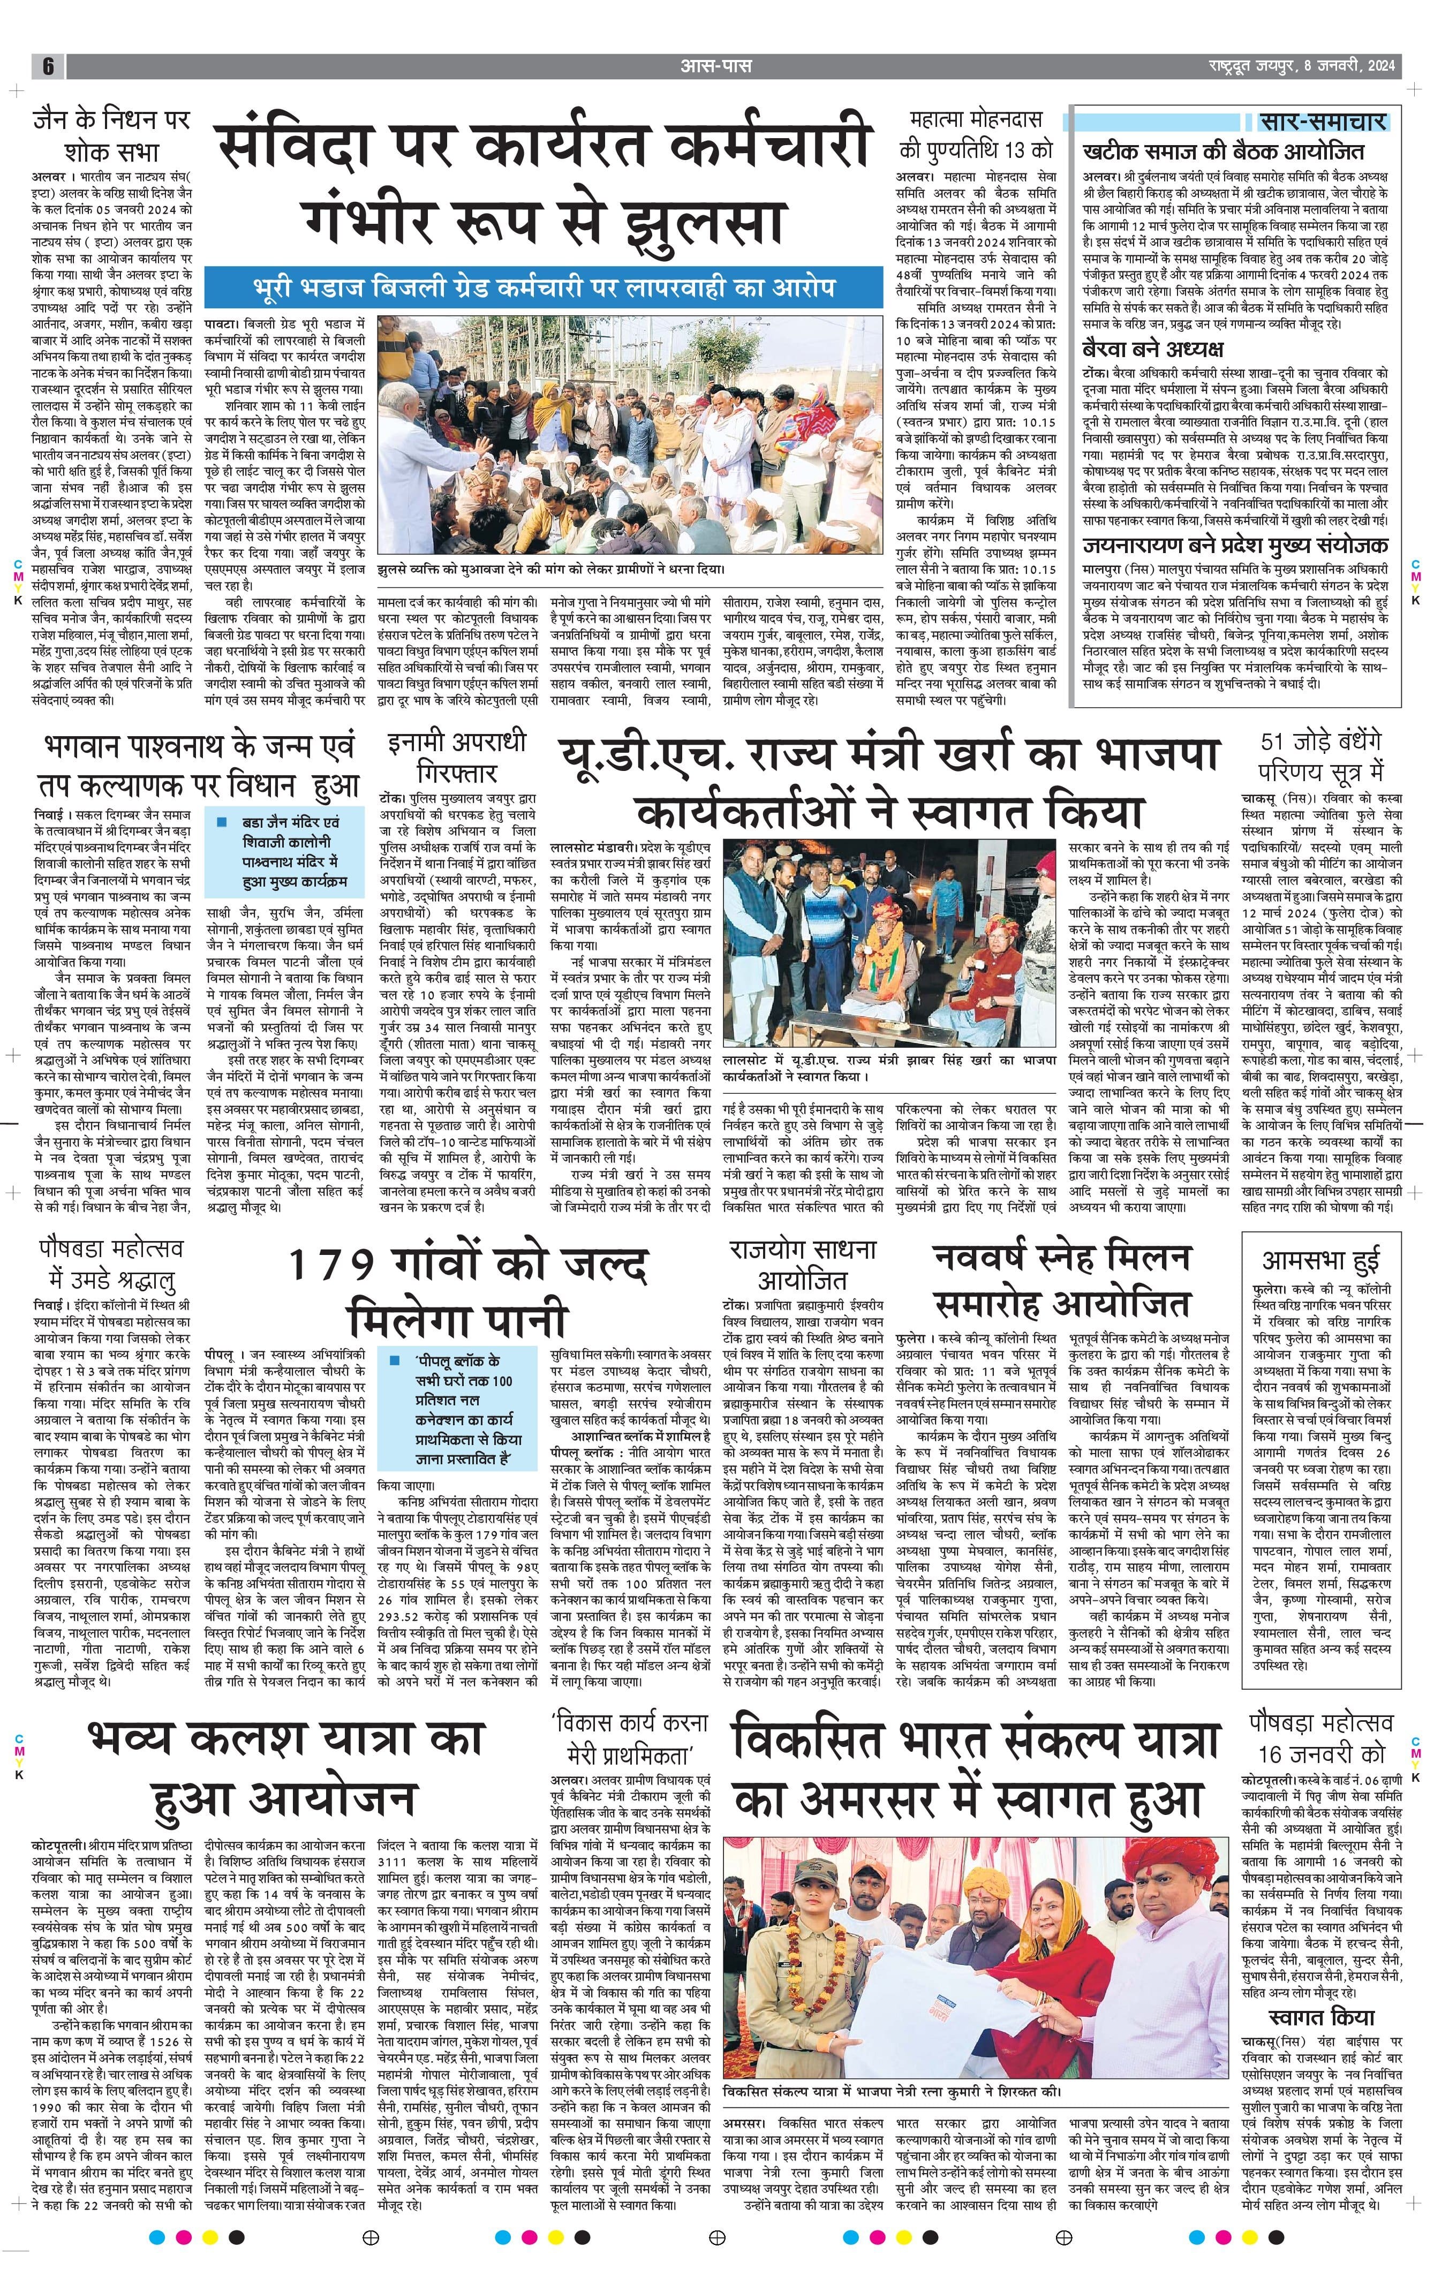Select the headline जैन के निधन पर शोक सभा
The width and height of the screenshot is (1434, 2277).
coord(111,135)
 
